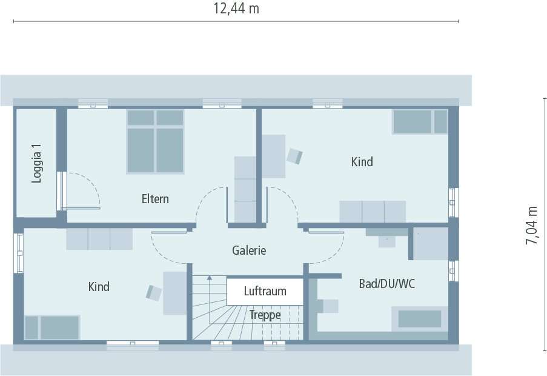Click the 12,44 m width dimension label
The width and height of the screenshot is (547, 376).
tap(236, 8)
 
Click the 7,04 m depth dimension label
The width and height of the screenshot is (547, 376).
tap(532, 225)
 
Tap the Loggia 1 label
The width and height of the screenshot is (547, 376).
tap(38, 163)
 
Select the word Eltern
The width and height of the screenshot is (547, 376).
tap(155, 199)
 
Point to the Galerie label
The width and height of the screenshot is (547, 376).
tap(249, 250)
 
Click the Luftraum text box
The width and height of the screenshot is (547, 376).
tap(265, 291)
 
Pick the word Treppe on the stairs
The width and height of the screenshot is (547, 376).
tap(265, 315)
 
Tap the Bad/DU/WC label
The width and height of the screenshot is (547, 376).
tap(386, 283)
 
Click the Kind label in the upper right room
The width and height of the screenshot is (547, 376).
tap(362, 162)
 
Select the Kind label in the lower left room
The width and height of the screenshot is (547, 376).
tap(99, 286)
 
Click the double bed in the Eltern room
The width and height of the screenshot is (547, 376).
tap(155, 141)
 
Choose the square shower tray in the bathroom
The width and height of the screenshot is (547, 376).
tap(431, 244)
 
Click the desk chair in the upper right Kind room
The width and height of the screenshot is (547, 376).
tap(295, 156)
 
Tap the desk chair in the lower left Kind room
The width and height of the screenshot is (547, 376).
tap(154, 293)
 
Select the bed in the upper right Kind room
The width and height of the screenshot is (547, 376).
tap(420, 121)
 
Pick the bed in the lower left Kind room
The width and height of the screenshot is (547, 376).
tap(52, 327)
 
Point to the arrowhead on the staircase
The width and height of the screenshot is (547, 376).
tap(210, 278)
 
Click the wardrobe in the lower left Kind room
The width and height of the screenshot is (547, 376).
tap(99, 239)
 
